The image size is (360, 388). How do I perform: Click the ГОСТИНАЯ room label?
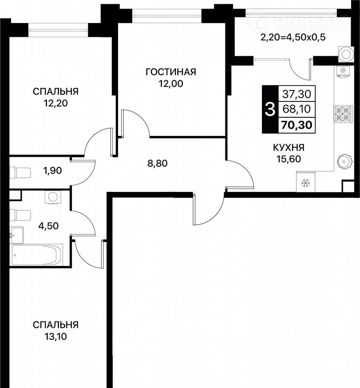coord(171,72)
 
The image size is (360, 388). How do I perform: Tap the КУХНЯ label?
coord(288,148)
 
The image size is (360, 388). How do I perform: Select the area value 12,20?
coord(56,103)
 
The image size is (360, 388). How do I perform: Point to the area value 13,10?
coord(56,336)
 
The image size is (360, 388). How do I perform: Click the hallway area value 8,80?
coord(158,163)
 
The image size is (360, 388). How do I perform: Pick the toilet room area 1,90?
coord(52,171)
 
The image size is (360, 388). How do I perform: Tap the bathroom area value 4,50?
coord(49,226)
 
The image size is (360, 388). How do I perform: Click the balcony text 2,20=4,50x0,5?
coord(293,38)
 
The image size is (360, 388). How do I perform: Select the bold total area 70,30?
coord(297,125)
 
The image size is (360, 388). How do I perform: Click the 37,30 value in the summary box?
coord(297,94)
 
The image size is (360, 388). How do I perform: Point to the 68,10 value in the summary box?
coord(297,109)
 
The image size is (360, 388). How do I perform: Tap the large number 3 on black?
coord(270,110)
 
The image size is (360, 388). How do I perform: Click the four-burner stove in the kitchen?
coord(343,114)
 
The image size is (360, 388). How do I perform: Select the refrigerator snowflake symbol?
coord(306,183)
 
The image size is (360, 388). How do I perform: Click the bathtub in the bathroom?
coord(37,255)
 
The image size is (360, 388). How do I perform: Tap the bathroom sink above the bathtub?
coord(17,235)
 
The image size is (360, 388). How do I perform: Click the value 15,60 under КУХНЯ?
coord(288,159)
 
